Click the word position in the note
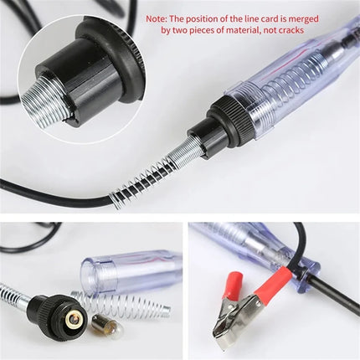[x=203, y=17]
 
